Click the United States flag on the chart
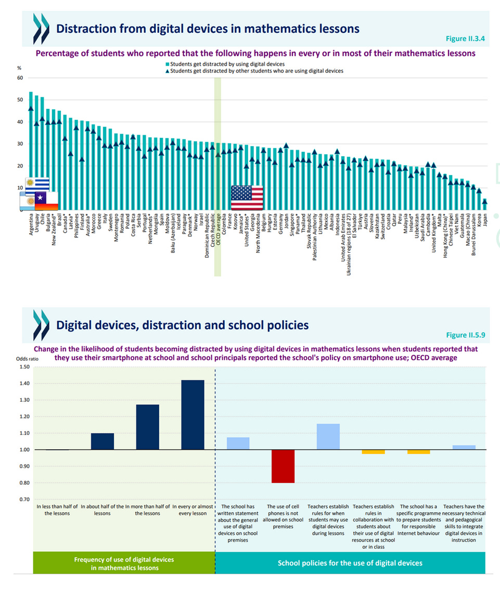tap(247, 198)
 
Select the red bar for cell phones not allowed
tap(283, 466)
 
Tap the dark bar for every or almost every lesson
tap(193, 415)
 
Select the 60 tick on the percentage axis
tap(20, 78)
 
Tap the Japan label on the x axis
tap(485, 221)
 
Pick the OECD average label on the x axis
tap(218, 229)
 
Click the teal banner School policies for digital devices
tap(350, 563)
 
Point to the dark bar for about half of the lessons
tap(102, 441)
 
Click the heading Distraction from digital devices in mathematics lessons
tap(207, 28)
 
